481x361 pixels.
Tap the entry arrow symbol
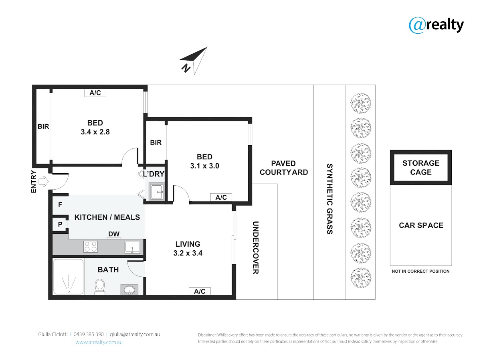(43, 181)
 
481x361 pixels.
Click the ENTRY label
(34, 181)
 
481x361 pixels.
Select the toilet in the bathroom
(100, 286)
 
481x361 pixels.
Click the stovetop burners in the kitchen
(91, 246)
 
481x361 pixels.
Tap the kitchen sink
(132, 247)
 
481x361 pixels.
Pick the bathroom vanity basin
(129, 290)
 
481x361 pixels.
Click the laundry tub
(156, 192)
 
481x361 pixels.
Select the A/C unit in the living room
(200, 291)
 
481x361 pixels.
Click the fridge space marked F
(60, 205)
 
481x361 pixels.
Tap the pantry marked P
(60, 224)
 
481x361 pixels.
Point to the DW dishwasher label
(114, 234)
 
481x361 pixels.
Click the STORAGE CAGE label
(421, 167)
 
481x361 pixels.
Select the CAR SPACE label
(421, 225)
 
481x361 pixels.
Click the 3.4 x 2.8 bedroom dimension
(95, 132)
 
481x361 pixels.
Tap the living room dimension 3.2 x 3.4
(188, 253)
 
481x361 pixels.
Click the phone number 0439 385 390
(89, 334)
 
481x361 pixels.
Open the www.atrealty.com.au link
(99, 342)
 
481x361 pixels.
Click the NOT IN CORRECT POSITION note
(420, 272)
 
